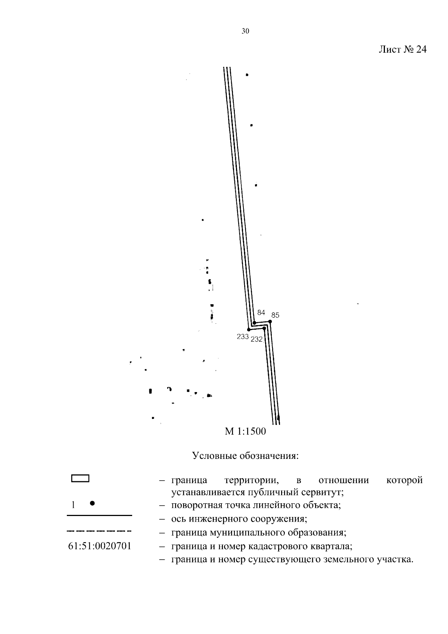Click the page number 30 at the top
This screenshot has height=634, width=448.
pos(245,31)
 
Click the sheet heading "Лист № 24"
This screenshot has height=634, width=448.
pos(402,49)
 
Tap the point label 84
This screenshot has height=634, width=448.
pos(261,312)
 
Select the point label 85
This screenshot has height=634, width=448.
pos(275,315)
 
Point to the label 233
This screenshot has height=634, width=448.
pos(243,336)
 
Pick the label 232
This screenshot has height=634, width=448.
pos(256,339)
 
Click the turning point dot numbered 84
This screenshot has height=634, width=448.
pos(254,323)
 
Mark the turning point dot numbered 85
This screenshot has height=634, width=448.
pos(270,321)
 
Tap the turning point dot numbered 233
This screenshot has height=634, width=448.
pos(249,329)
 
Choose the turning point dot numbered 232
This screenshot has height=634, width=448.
pos(264,328)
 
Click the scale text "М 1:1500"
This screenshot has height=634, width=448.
pos(245,431)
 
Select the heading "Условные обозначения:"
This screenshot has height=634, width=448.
pos(245,456)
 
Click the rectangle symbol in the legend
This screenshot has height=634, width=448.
pos(80,478)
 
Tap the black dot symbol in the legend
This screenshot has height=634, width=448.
pos(92,503)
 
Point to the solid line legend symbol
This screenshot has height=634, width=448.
pos(99,515)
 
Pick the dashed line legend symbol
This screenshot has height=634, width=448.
pos(99,531)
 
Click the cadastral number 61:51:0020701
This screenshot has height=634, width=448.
pos(100,546)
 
